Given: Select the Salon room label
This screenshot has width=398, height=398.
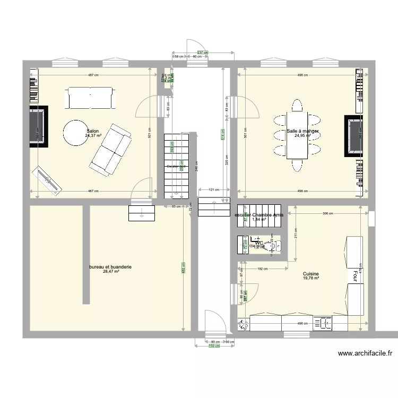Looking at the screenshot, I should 92,131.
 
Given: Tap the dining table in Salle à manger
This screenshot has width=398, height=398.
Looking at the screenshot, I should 297,135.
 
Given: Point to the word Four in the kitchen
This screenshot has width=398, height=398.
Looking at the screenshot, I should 352,275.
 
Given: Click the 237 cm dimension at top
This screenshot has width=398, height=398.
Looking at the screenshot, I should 203,53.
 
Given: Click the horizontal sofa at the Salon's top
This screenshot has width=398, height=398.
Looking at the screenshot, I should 89,98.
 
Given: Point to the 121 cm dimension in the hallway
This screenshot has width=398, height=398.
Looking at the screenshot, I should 213,189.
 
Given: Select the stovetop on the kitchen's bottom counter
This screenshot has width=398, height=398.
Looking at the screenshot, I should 323,322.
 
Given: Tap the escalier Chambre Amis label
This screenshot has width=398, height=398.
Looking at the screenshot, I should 258,215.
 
